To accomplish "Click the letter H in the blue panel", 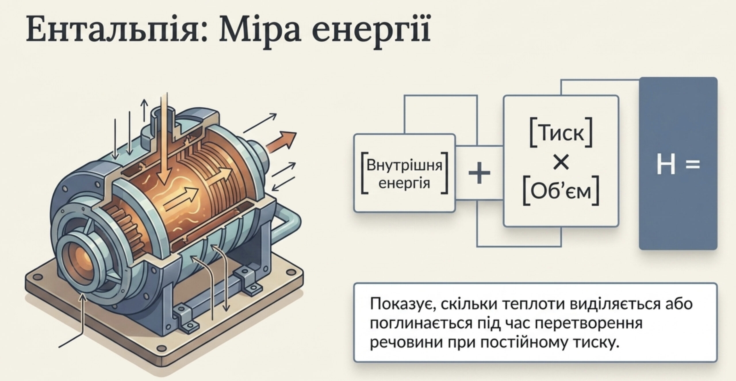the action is coord(666,165).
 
